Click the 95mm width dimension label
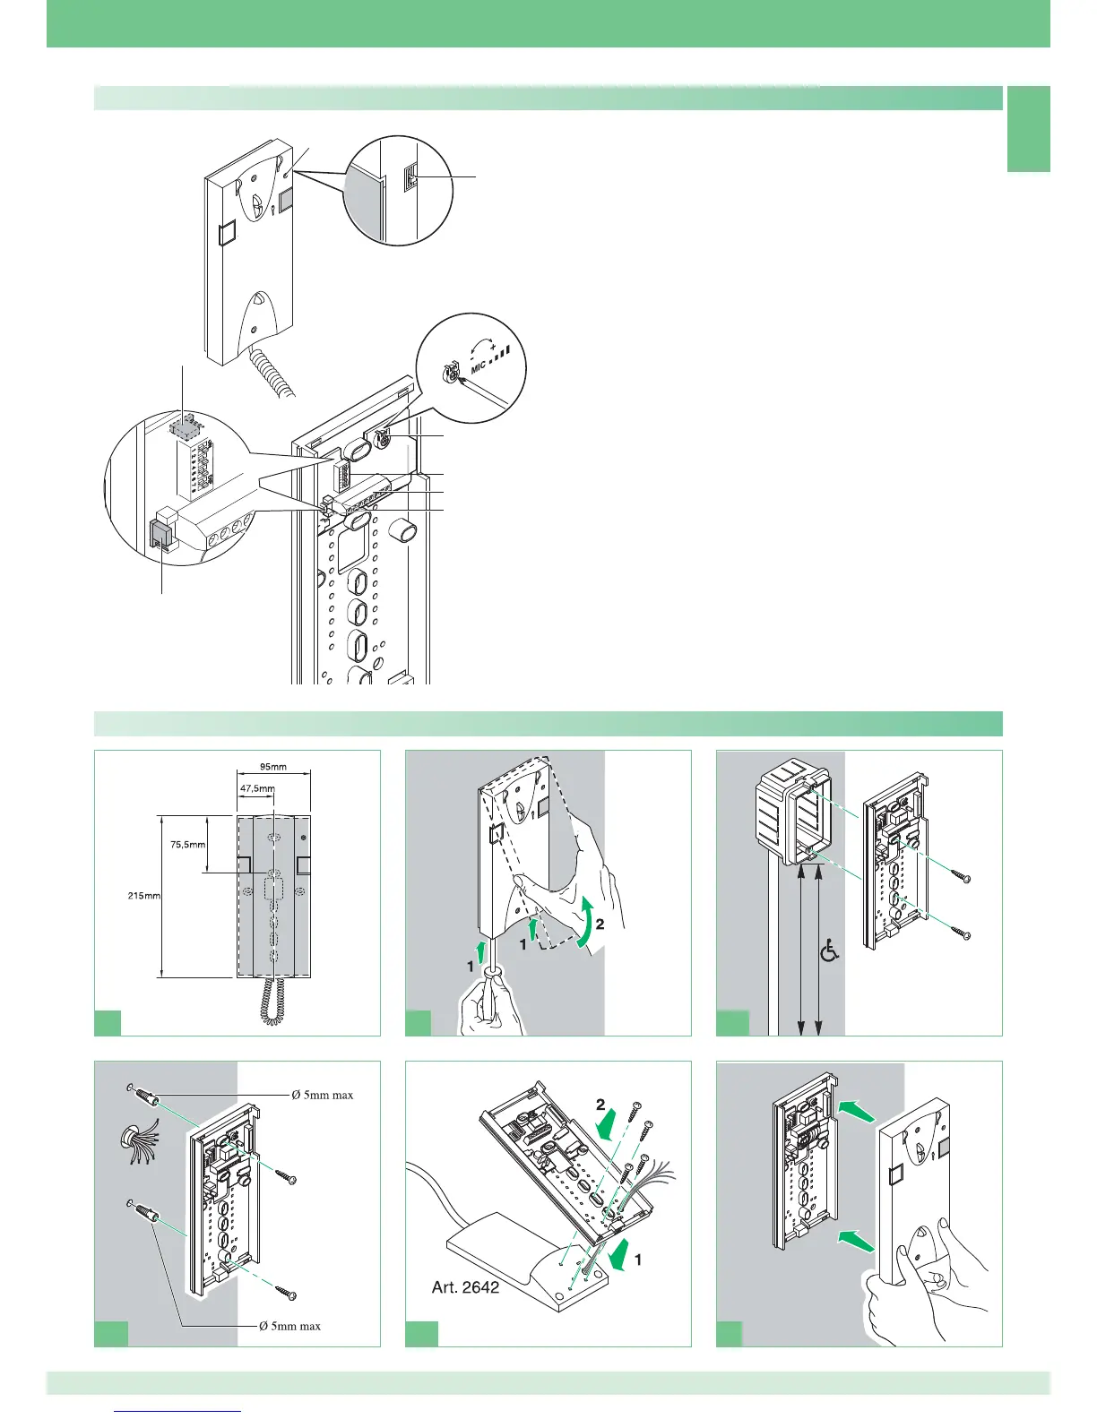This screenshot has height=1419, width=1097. (273, 767)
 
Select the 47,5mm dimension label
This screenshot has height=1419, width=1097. (257, 789)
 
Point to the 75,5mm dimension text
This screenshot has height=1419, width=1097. (188, 844)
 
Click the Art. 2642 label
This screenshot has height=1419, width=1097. (466, 1287)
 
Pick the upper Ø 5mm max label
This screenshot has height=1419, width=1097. (322, 1095)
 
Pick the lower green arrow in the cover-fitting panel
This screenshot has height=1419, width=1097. (851, 1237)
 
